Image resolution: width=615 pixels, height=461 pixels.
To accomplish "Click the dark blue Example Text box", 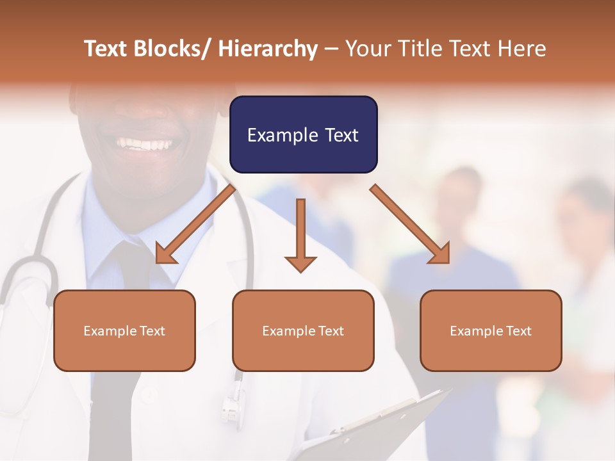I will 303,134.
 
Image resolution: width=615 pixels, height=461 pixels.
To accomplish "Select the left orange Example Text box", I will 124,330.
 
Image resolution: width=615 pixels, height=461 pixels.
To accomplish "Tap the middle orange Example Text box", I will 303,330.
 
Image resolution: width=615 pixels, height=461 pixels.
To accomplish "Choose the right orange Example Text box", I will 491,330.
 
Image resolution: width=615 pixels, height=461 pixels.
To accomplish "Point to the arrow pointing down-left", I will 195,224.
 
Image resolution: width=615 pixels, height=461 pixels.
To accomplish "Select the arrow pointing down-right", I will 410,224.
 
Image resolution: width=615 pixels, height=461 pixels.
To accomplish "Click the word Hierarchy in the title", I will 267,49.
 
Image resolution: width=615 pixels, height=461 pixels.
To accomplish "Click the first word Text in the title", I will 106,49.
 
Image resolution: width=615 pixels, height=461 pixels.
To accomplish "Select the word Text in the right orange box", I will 519,330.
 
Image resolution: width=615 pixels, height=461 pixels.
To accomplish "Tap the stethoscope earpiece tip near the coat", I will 231,403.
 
